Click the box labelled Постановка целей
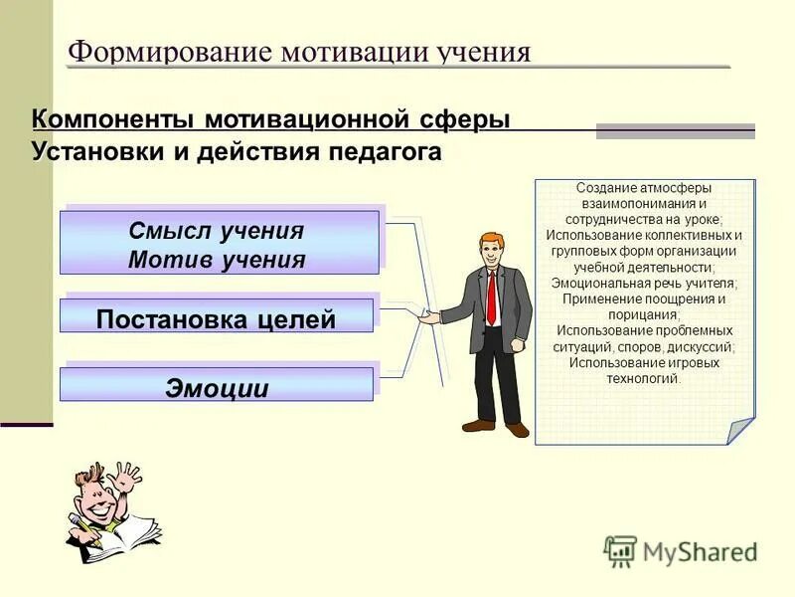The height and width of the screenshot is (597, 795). point(216,318)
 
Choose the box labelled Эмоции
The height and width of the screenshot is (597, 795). point(216,387)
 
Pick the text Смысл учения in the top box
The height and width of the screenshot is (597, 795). point(217,231)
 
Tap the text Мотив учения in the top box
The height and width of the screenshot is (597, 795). point(217,260)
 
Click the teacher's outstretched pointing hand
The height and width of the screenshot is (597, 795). point(427,317)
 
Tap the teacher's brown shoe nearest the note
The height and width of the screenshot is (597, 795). point(518,429)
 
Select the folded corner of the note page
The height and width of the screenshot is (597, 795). point(740,430)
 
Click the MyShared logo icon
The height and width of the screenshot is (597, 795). point(620,551)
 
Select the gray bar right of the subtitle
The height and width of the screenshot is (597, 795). point(675,131)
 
